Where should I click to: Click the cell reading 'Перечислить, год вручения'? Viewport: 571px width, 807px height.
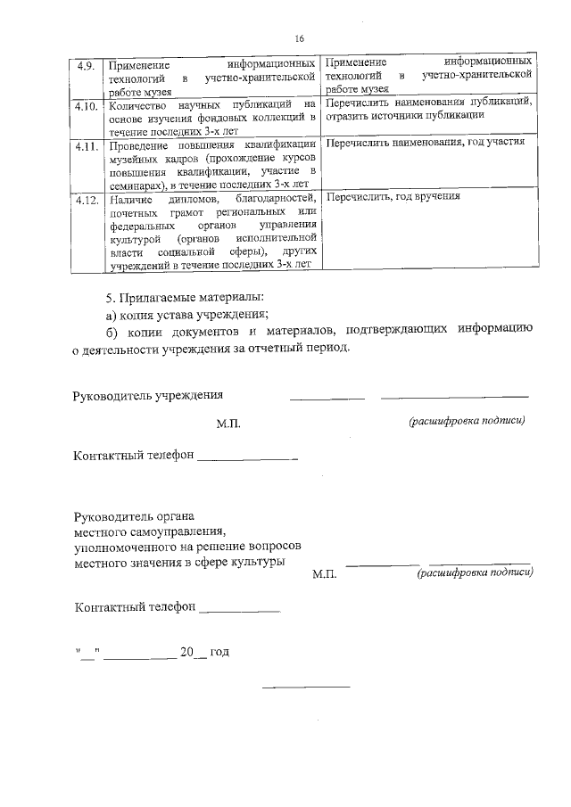393,195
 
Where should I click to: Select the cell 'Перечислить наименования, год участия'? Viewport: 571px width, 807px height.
426,143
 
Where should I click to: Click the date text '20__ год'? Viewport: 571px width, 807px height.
204,653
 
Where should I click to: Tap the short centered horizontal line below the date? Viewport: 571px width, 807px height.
305,687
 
